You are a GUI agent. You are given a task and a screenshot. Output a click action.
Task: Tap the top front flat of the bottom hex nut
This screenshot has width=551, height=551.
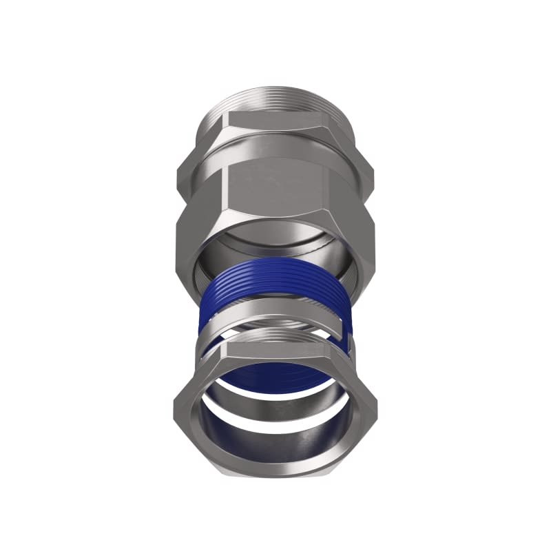point(275,352)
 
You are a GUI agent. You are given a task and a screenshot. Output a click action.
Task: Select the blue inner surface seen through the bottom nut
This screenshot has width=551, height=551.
point(275,379)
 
